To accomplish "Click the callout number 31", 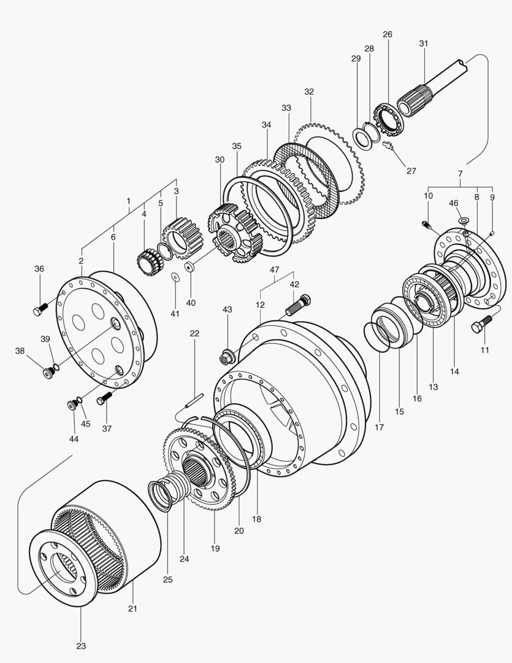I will (x=424, y=44).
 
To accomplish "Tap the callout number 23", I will (x=81, y=646).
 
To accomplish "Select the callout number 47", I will (x=274, y=269).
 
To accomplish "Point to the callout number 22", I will (x=194, y=333).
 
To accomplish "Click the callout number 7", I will (x=460, y=174).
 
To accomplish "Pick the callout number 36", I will (x=39, y=268).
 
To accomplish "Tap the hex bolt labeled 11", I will (x=482, y=324).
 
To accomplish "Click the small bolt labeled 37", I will (x=104, y=398).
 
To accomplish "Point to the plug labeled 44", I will (x=73, y=404).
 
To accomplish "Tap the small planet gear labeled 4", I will (x=147, y=262).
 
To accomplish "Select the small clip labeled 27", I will (x=387, y=145).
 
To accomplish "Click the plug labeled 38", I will (x=47, y=372).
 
